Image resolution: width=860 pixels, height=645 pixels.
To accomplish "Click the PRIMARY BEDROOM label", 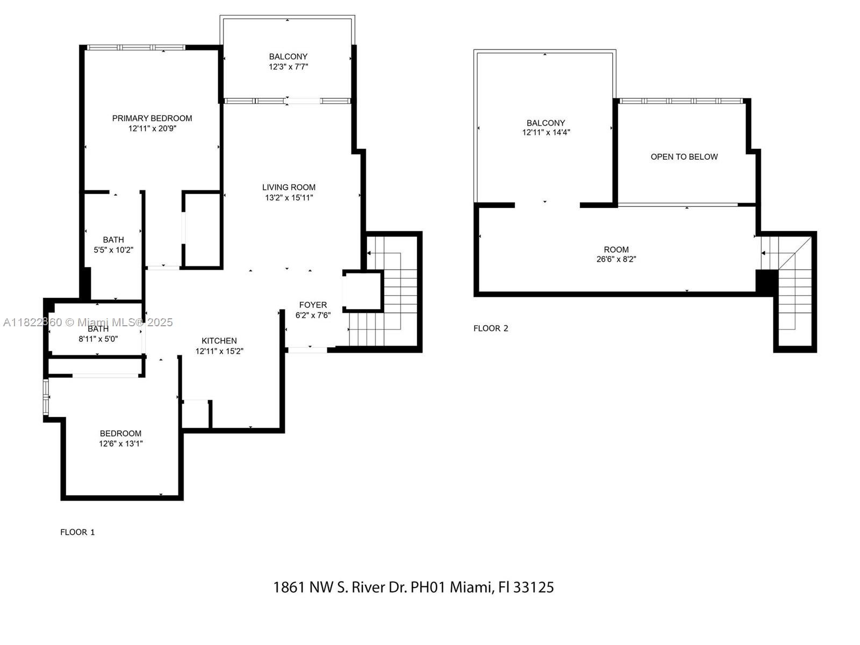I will [x=152, y=118].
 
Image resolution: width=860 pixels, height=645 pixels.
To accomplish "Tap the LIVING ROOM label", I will [x=289, y=187].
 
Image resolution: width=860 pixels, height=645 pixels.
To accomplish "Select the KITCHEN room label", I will [x=219, y=341].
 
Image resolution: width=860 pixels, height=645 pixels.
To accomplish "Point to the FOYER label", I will [x=313, y=305].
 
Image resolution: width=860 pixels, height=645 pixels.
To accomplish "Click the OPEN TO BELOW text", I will [x=684, y=157].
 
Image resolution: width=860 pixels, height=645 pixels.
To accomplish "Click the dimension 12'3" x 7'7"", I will [x=288, y=67].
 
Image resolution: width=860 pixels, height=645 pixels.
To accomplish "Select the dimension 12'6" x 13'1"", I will [x=120, y=444].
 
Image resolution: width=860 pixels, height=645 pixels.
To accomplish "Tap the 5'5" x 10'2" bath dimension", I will [x=113, y=250].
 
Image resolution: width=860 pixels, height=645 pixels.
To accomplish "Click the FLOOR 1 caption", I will [x=77, y=532].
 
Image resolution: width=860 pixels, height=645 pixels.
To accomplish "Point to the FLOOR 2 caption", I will [x=491, y=328].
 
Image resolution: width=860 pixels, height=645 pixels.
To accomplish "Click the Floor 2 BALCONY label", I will [x=546, y=123].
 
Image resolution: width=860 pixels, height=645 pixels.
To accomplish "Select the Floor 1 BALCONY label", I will [x=288, y=56].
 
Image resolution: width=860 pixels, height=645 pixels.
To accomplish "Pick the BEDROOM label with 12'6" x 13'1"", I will [x=120, y=434].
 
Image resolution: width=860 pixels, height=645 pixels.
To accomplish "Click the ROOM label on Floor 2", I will [x=616, y=249].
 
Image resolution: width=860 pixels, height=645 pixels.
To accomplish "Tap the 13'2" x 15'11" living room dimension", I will [x=289, y=197].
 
